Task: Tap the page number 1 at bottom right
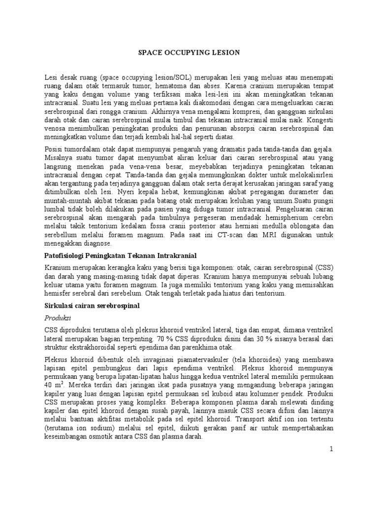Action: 332,449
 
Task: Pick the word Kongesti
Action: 317,120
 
